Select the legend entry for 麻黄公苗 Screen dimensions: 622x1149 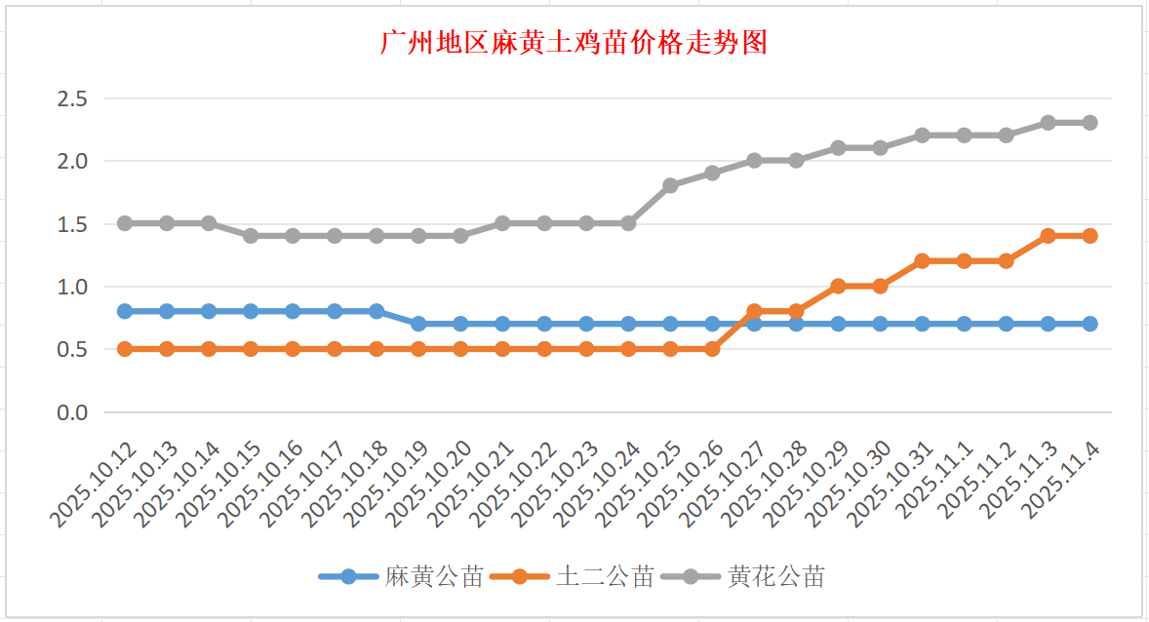click(434, 576)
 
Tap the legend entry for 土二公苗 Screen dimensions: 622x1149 click(605, 576)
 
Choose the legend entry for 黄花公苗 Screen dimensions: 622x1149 click(775, 576)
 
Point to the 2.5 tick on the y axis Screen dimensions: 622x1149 click(73, 98)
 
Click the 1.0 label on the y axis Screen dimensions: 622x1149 click(73, 287)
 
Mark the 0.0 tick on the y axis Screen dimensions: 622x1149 click(73, 412)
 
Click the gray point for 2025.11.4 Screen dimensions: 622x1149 click(1090, 123)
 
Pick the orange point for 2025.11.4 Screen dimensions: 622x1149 click(1090, 236)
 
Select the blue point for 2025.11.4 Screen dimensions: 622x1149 click(1090, 324)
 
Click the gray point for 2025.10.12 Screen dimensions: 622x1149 click(125, 223)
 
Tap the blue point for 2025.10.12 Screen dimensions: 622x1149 click(125, 311)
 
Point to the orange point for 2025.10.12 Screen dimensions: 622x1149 click(125, 349)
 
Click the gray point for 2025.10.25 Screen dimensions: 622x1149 click(670, 185)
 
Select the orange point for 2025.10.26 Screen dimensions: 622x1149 click(712, 349)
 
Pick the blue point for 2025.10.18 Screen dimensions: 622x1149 click(376, 311)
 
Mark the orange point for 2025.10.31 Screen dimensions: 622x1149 click(922, 261)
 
